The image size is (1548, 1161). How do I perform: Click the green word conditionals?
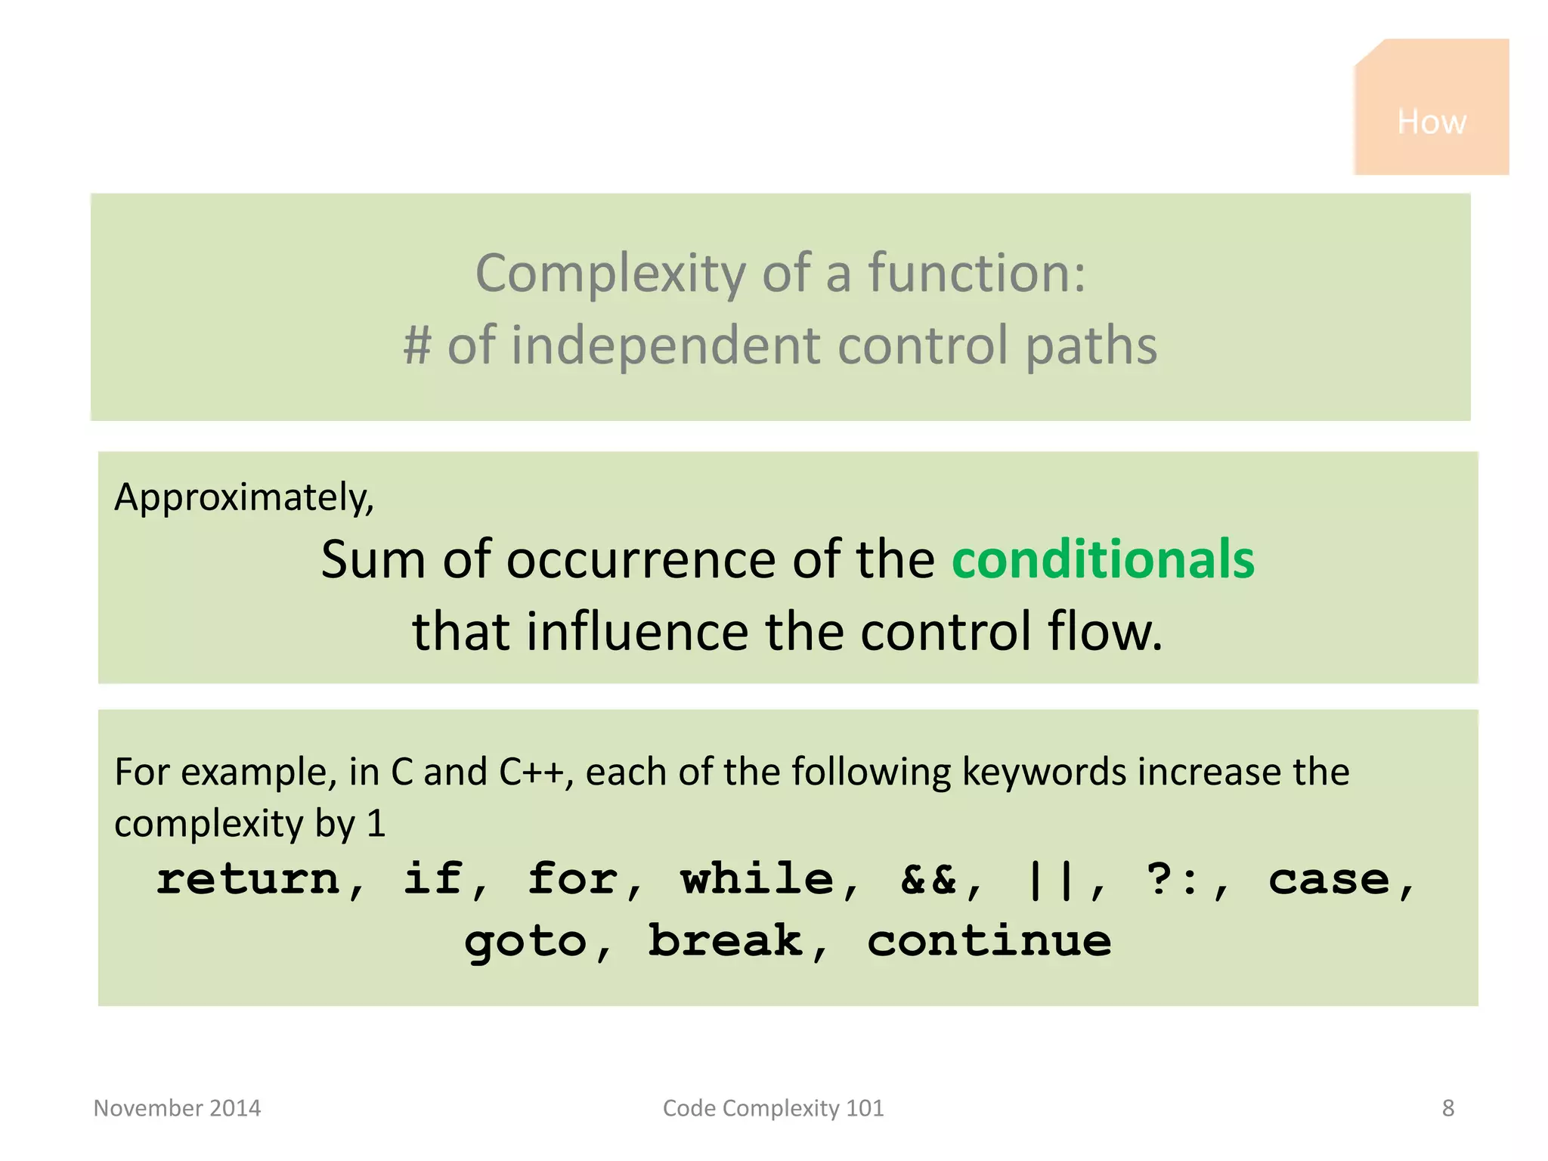click(x=1103, y=559)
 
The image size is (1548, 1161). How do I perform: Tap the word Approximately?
click(x=243, y=498)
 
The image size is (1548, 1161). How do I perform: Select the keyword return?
click(x=248, y=879)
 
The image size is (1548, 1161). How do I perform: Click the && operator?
click(x=928, y=879)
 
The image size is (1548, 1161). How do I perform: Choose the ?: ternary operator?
click(x=1171, y=879)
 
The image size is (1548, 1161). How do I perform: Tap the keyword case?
click(x=1328, y=879)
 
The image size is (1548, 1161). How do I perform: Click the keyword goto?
click(x=525, y=942)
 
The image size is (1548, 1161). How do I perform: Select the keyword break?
click(x=725, y=942)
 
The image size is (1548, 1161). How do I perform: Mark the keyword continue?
click(x=989, y=942)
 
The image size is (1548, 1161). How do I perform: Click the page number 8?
click(x=1447, y=1108)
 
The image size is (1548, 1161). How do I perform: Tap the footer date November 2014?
click(x=177, y=1108)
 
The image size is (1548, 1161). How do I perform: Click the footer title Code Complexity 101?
click(x=772, y=1108)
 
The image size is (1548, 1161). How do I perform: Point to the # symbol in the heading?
click(x=416, y=345)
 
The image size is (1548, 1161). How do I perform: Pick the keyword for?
click(x=573, y=879)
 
